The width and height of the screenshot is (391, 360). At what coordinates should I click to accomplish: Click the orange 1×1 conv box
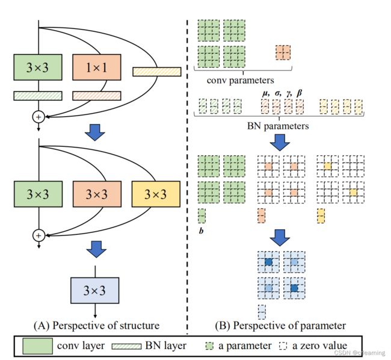coord(97,67)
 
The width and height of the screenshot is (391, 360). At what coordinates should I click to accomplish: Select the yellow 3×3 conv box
coord(156,194)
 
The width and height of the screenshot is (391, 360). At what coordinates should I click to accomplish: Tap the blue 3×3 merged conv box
coord(95,290)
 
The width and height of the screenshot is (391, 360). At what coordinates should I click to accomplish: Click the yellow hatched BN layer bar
coord(157,72)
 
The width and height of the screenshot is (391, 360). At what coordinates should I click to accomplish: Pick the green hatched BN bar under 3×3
coord(38,96)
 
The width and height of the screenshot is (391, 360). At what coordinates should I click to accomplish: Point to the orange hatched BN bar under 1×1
coord(97,96)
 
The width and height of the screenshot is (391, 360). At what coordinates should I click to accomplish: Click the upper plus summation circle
coord(38,117)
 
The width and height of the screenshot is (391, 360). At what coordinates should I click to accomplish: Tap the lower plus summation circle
coord(38,235)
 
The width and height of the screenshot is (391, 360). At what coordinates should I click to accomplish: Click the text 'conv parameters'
coord(241,80)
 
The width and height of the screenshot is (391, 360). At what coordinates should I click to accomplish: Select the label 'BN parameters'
coord(278,126)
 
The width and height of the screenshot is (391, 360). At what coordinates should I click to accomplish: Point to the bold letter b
coord(201,231)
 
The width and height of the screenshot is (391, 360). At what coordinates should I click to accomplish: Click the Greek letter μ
coord(266,93)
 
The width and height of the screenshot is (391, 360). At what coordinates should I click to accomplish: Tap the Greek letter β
coord(299,93)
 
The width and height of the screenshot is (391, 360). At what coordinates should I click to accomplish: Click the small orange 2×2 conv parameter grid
coord(283,52)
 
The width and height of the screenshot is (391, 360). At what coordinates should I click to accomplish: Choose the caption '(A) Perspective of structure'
coord(96,325)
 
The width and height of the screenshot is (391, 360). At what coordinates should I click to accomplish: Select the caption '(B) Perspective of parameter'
coord(280,325)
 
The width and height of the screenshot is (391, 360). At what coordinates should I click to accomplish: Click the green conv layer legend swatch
coord(38,346)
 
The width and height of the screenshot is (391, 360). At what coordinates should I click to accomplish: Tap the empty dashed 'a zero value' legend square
coord(283,346)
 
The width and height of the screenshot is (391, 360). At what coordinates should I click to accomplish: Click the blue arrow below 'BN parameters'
coord(280,143)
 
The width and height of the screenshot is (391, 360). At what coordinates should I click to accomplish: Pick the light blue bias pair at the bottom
coord(262,312)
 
